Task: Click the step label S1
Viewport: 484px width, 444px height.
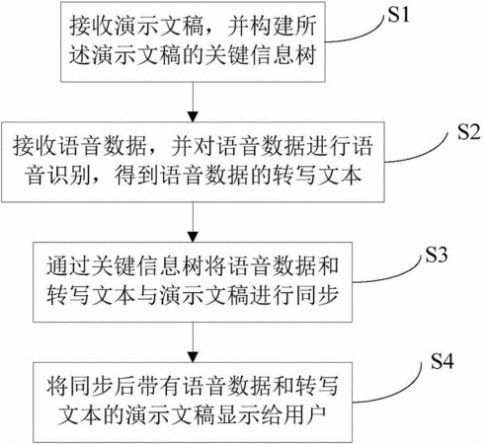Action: click(398, 15)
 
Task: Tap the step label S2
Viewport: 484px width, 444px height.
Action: click(469, 132)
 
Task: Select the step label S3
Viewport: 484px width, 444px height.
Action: click(437, 255)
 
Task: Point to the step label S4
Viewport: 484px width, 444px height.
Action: click(443, 361)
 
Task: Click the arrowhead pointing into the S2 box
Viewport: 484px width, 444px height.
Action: click(193, 117)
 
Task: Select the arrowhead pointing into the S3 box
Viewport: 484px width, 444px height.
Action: click(193, 237)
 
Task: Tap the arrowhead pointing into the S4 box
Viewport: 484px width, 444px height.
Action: click(193, 357)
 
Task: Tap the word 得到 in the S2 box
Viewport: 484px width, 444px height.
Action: click(136, 176)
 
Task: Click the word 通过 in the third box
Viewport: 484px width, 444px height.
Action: click(68, 265)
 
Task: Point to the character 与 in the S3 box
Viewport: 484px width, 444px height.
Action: click(147, 295)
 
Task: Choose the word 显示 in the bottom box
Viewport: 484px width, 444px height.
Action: click(238, 414)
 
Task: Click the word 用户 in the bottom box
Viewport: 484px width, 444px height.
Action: click(305, 414)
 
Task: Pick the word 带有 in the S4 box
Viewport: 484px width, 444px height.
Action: click(158, 386)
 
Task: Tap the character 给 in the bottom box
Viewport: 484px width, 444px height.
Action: click(272, 414)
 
